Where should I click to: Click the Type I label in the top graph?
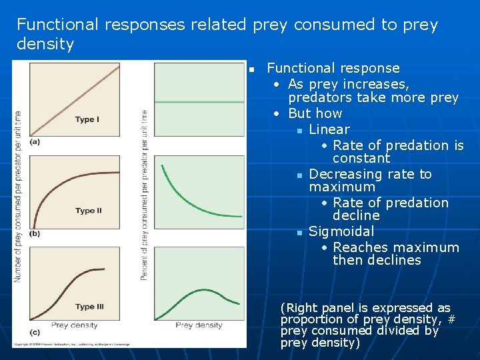click(87, 119)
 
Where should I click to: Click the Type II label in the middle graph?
click(89, 211)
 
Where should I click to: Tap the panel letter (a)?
click(34, 141)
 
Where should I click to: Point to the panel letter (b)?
click(34, 233)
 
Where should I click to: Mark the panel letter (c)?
click(34, 331)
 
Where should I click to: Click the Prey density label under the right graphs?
click(199, 325)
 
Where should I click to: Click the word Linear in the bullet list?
click(329, 129)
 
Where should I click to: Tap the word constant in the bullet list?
click(361, 158)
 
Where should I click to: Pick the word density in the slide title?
click(45, 45)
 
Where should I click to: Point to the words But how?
click(315, 113)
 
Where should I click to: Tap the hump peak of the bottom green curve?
click(200, 290)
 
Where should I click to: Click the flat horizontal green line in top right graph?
click(199, 101)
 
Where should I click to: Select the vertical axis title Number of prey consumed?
click(18, 196)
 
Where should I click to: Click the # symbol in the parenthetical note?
click(451, 319)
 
